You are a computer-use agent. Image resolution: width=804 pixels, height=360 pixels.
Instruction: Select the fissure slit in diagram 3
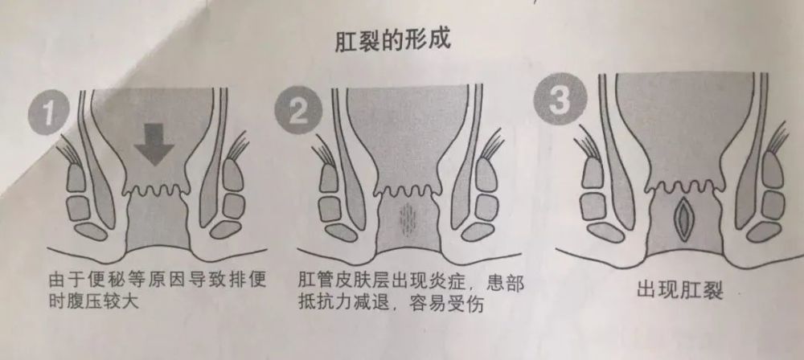coord(684,215)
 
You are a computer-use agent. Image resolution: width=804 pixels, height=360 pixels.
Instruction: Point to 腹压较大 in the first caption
coord(105,305)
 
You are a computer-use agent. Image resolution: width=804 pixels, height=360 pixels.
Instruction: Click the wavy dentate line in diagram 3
coord(684,187)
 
